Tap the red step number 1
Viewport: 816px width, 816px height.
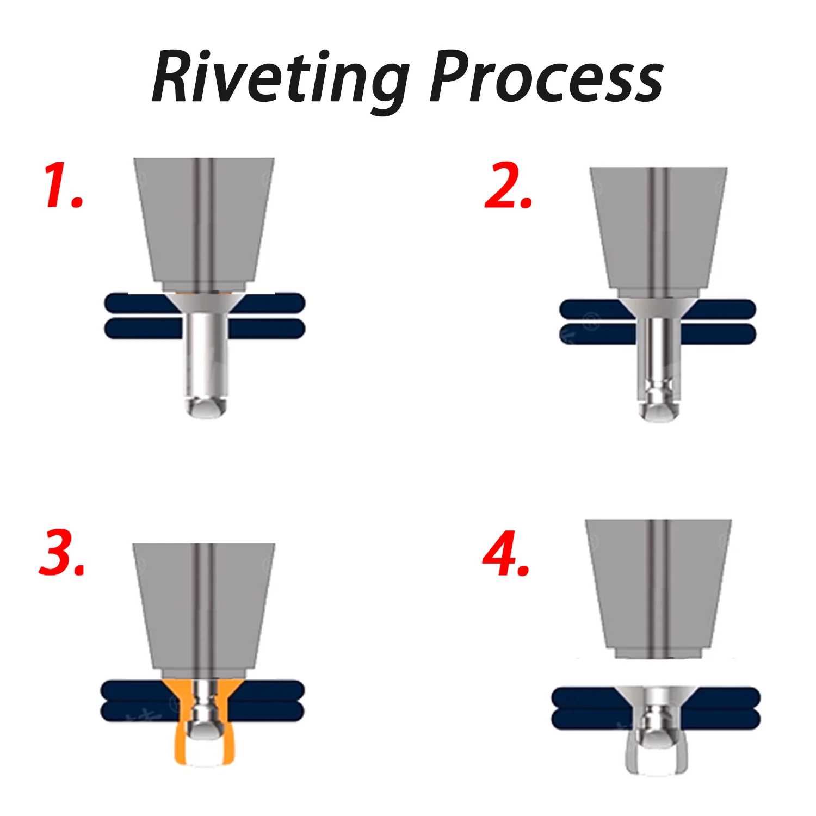pos(64,185)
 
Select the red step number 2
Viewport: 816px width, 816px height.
pos(508,186)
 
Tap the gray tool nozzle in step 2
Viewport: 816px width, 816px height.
pos(658,233)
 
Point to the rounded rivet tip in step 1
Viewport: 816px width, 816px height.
pos(206,407)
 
